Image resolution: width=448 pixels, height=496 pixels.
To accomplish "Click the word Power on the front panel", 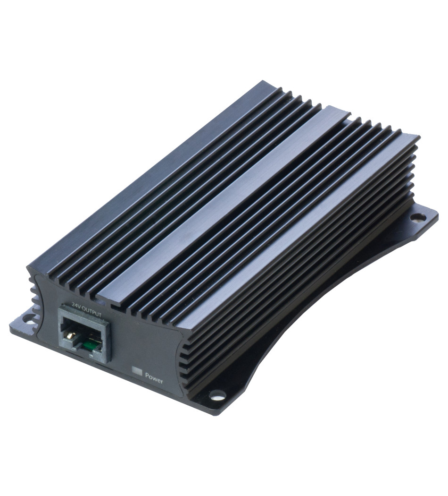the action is click(x=154, y=378).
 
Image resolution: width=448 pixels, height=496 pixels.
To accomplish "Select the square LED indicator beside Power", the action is click(x=137, y=371).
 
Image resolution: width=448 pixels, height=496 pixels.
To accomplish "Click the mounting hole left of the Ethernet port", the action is click(x=30, y=320).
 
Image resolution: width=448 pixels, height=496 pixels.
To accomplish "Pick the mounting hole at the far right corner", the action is click(x=419, y=217).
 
